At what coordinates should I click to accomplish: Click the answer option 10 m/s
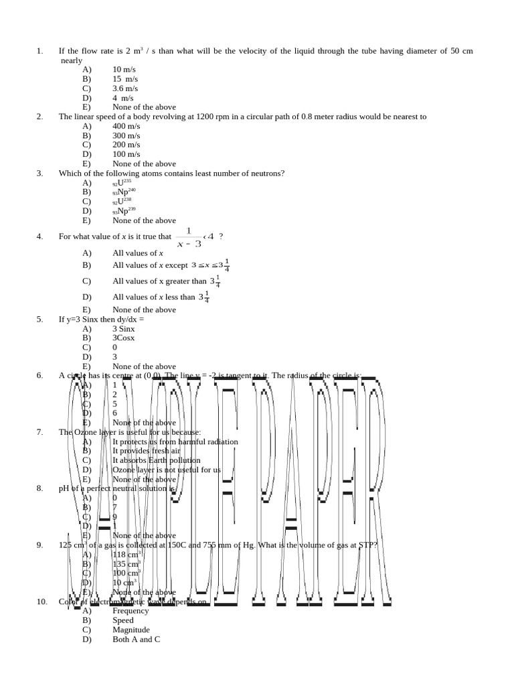click(x=125, y=69)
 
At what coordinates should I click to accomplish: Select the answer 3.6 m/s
click(x=125, y=88)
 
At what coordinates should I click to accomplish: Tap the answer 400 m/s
click(x=126, y=126)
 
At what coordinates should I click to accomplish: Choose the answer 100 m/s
click(x=126, y=154)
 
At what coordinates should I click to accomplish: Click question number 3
click(x=39, y=173)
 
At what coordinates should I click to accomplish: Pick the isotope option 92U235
click(x=122, y=183)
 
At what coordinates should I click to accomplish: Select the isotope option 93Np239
click(x=124, y=211)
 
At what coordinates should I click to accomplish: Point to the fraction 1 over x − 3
click(x=188, y=237)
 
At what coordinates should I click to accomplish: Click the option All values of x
click(x=138, y=253)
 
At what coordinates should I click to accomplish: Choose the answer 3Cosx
click(x=124, y=338)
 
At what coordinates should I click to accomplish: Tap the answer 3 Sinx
click(x=124, y=329)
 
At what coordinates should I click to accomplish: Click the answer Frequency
click(x=131, y=611)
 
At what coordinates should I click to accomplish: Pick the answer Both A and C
click(x=137, y=639)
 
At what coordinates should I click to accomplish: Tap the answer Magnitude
click(x=131, y=630)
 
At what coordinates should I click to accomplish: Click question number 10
click(x=41, y=602)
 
